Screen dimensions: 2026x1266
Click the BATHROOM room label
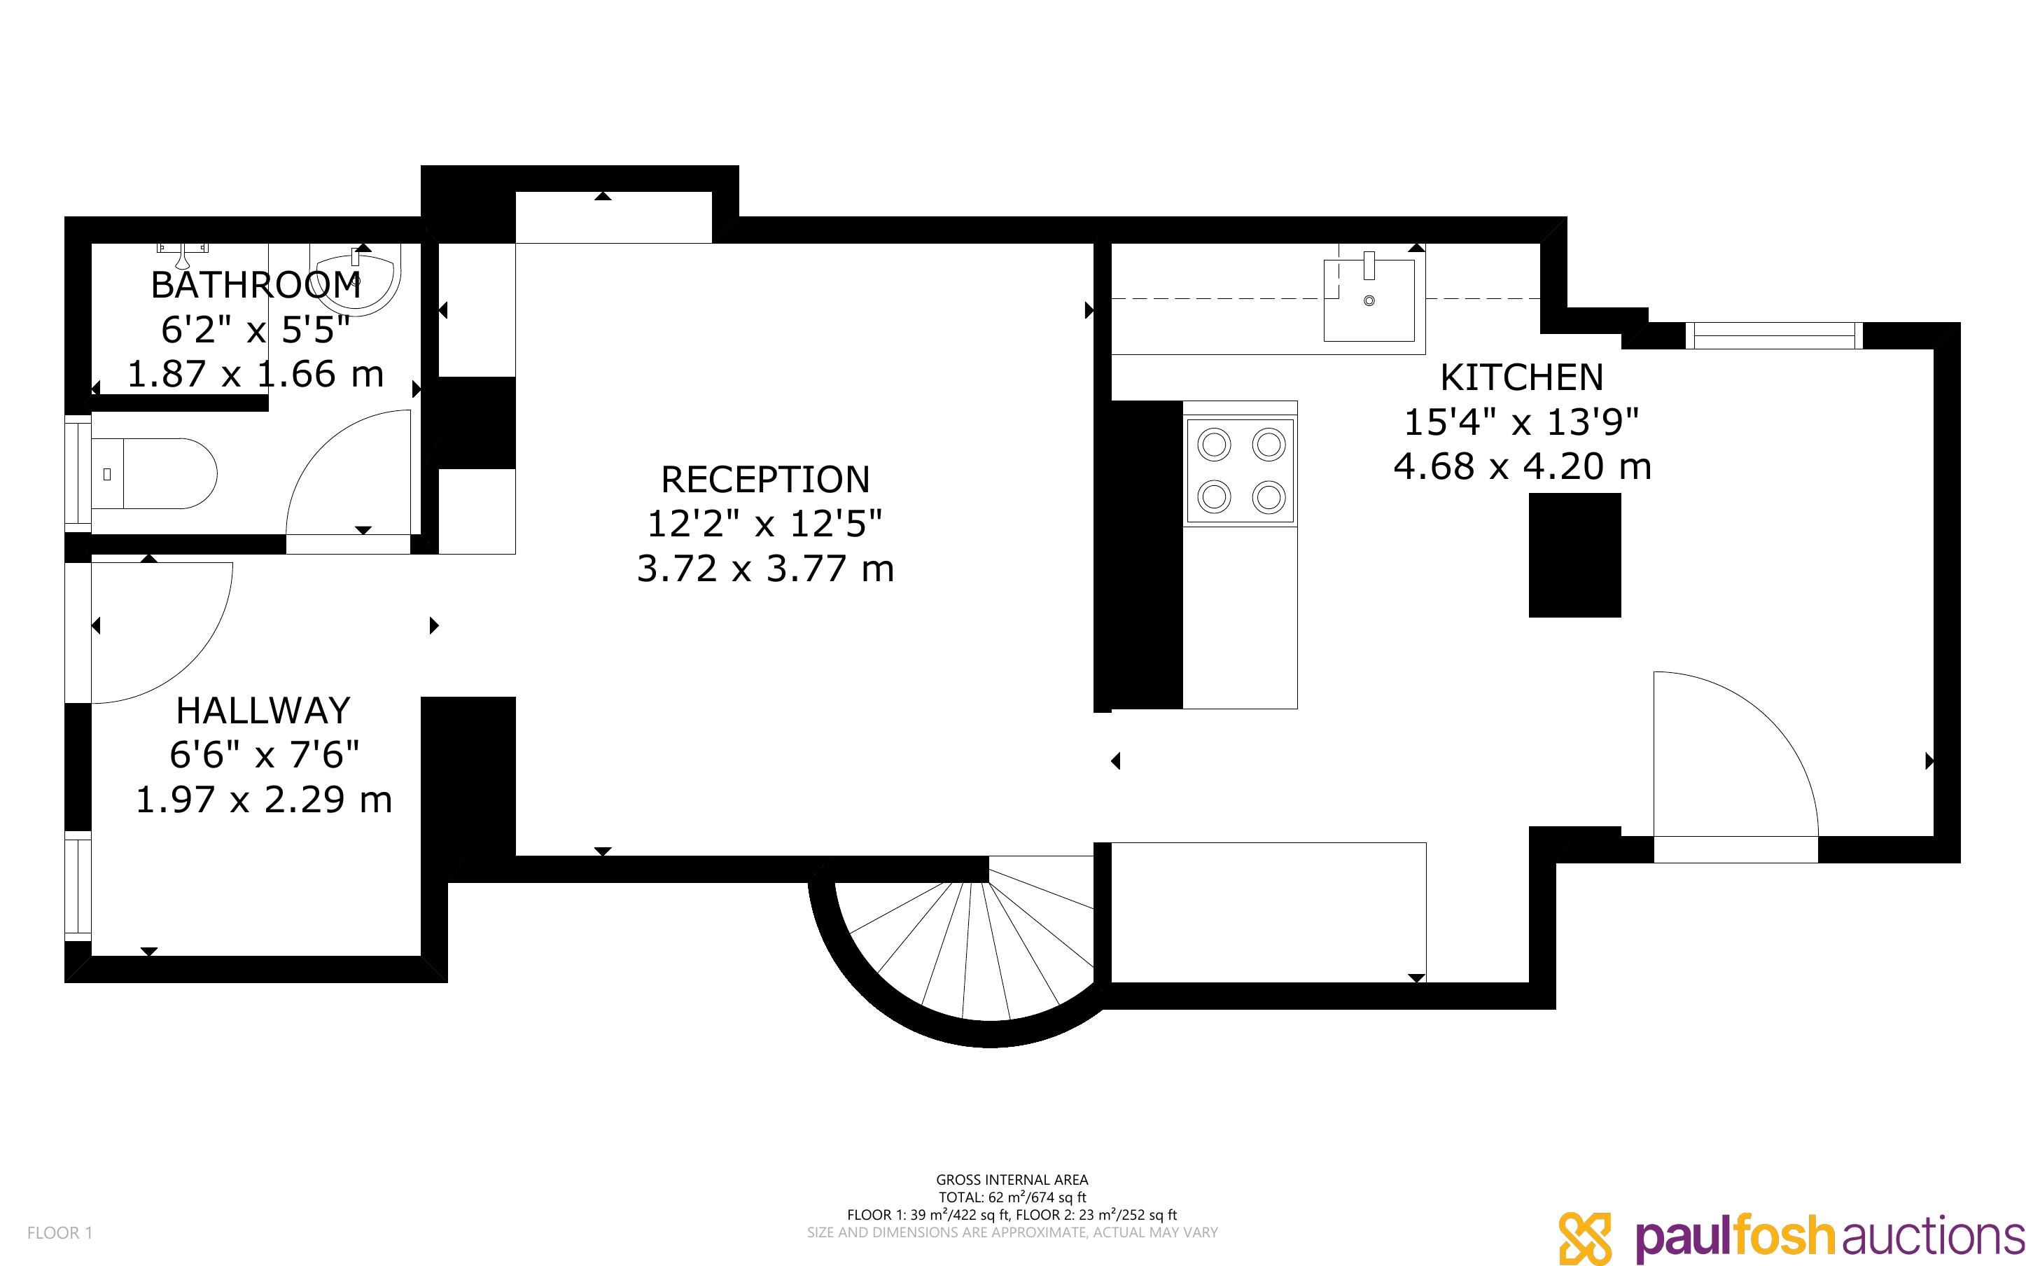[256, 285]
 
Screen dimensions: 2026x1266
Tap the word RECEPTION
[765, 480]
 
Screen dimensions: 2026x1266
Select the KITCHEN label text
[1521, 377]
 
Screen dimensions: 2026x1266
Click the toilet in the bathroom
[154, 473]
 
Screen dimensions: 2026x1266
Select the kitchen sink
[1369, 300]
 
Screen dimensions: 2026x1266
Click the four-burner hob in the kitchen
[1241, 471]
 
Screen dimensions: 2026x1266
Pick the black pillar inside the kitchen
[1575, 555]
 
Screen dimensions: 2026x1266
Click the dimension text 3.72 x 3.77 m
[765, 569]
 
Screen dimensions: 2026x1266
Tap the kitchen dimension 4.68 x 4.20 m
[1521, 466]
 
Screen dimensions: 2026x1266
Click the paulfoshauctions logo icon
[1585, 1237]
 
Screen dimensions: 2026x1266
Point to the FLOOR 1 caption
[60, 1233]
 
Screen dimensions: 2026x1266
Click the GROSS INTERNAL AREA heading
[1012, 1180]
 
